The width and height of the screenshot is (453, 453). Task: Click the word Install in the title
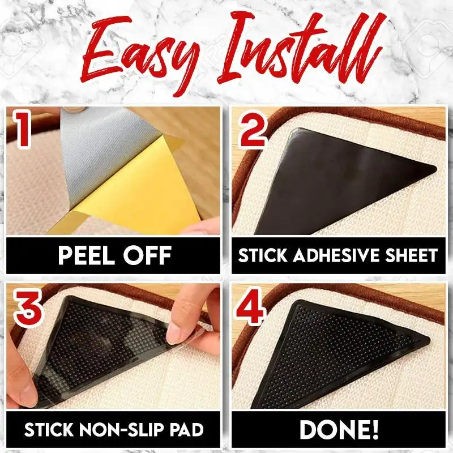301,48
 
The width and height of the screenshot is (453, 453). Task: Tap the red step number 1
23,129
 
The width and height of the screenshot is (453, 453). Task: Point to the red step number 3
28,308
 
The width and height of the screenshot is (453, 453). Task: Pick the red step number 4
250,306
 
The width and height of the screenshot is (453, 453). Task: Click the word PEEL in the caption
86,255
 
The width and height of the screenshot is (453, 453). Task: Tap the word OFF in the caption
147,255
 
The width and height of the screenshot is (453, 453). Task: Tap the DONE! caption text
339,430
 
